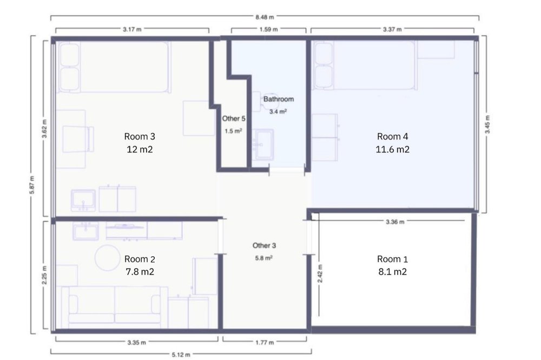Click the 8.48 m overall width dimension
point(265,17)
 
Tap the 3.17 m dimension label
point(132,29)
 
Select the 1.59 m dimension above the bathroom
point(268,29)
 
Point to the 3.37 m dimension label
point(392,29)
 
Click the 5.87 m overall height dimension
point(32,185)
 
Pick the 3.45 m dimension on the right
point(487,124)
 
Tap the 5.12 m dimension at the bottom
point(181,355)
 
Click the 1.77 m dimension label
point(265,342)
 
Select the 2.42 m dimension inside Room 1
point(320,274)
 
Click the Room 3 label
point(140,137)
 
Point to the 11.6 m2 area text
point(393,149)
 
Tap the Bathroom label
point(279,99)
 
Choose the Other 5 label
point(234,118)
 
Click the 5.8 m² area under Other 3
point(264,258)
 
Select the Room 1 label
point(393,259)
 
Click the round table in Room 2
point(108,258)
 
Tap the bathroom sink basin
point(264,144)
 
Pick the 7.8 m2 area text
point(140,272)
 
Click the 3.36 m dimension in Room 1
point(395,222)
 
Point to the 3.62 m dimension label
point(44,129)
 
